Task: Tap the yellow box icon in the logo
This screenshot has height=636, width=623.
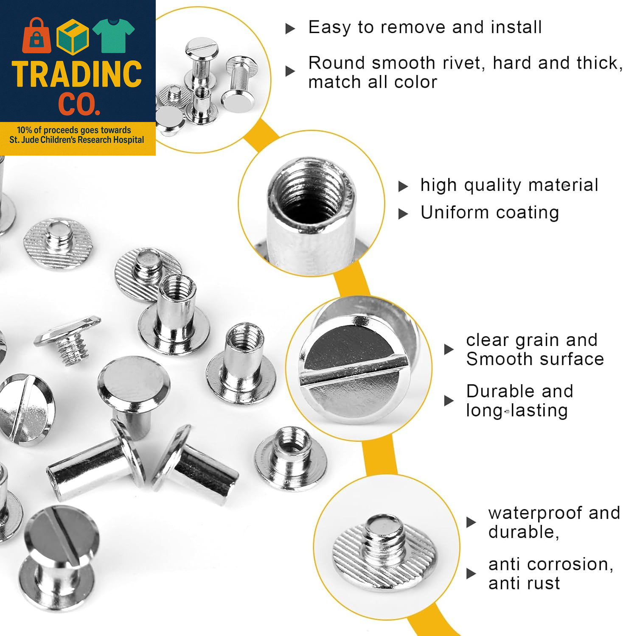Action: pyautogui.click(x=73, y=37)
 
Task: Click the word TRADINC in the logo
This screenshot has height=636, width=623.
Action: pyautogui.click(x=77, y=75)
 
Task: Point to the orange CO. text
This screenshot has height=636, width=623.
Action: pyautogui.click(x=79, y=104)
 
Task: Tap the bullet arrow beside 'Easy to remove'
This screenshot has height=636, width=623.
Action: pyautogui.click(x=290, y=29)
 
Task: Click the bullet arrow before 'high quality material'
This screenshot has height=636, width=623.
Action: pyautogui.click(x=403, y=187)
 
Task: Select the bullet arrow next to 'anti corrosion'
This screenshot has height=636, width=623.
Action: pyautogui.click(x=471, y=574)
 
